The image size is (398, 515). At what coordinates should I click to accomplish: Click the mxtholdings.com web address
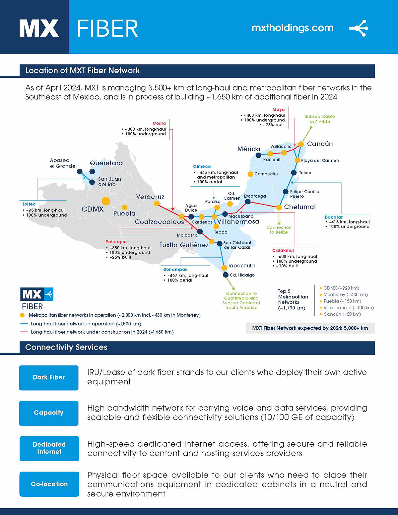tap(292, 28)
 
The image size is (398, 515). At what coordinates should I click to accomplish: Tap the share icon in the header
tap(359, 28)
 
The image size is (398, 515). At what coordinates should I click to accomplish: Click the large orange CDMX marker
tap(106, 201)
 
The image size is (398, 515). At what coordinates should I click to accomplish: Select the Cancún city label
tap(320, 144)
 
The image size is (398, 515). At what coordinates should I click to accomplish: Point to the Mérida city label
tap(249, 149)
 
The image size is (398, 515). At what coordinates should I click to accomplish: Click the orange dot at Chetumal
tap(279, 207)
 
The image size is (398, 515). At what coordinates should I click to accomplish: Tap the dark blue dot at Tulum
tap(294, 172)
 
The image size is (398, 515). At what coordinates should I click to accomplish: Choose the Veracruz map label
tap(150, 197)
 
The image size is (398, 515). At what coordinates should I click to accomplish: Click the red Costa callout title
tap(159, 123)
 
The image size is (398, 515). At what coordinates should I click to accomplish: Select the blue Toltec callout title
tap(29, 204)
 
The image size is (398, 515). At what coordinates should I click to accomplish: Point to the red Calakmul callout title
tap(283, 250)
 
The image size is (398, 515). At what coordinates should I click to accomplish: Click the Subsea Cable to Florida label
tap(320, 119)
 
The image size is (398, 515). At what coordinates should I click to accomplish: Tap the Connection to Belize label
tap(279, 230)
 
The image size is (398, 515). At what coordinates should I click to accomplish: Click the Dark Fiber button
tap(49, 377)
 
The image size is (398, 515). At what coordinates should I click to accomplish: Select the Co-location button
tap(49, 484)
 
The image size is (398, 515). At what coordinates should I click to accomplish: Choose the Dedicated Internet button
tap(49, 448)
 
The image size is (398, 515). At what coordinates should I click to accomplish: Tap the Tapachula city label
tap(241, 266)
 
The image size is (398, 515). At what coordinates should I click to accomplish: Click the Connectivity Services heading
tap(66, 347)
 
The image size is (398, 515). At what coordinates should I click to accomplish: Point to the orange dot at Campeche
tap(250, 174)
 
